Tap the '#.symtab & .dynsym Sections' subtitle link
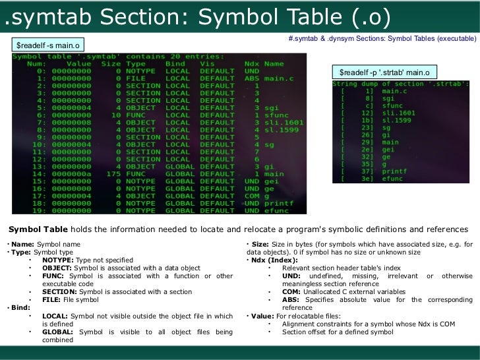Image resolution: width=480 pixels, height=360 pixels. tap(382, 40)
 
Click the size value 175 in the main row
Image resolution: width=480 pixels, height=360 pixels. tap(112, 174)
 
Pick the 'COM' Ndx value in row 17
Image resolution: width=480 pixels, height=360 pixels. tap(252, 196)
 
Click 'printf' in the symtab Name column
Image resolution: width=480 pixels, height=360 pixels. tap(279, 203)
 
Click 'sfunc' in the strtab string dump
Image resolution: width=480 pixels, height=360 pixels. tap(392, 105)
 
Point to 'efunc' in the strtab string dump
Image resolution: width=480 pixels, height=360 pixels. tap(392, 179)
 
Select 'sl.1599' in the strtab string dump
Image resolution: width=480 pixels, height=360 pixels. tap(397, 119)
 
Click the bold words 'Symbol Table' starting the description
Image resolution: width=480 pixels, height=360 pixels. tap(37, 229)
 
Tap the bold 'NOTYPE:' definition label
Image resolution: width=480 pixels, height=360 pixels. tap(57, 260)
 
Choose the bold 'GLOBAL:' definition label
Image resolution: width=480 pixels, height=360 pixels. tap(58, 332)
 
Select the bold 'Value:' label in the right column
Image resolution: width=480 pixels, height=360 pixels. tap(262, 316)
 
